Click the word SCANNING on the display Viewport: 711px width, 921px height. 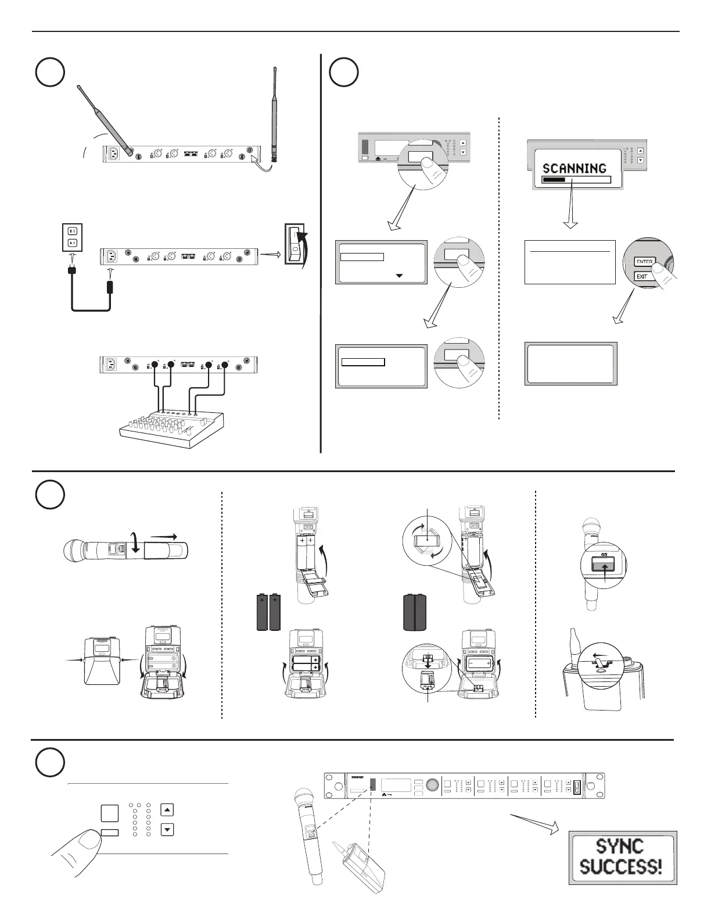coord(574,169)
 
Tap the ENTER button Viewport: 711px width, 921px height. coord(644,262)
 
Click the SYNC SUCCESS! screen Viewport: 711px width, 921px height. coord(622,857)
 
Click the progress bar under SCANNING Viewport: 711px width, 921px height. coord(576,180)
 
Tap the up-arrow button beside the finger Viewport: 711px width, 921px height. coord(167,809)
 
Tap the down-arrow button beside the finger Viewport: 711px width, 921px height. coord(167,829)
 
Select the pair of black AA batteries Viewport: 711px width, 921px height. coord(268,612)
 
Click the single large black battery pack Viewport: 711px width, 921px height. coord(415,612)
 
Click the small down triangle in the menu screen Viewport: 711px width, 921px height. coord(398,276)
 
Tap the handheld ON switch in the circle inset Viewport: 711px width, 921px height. coord(604,565)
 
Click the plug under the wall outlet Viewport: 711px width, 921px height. coord(73,271)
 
